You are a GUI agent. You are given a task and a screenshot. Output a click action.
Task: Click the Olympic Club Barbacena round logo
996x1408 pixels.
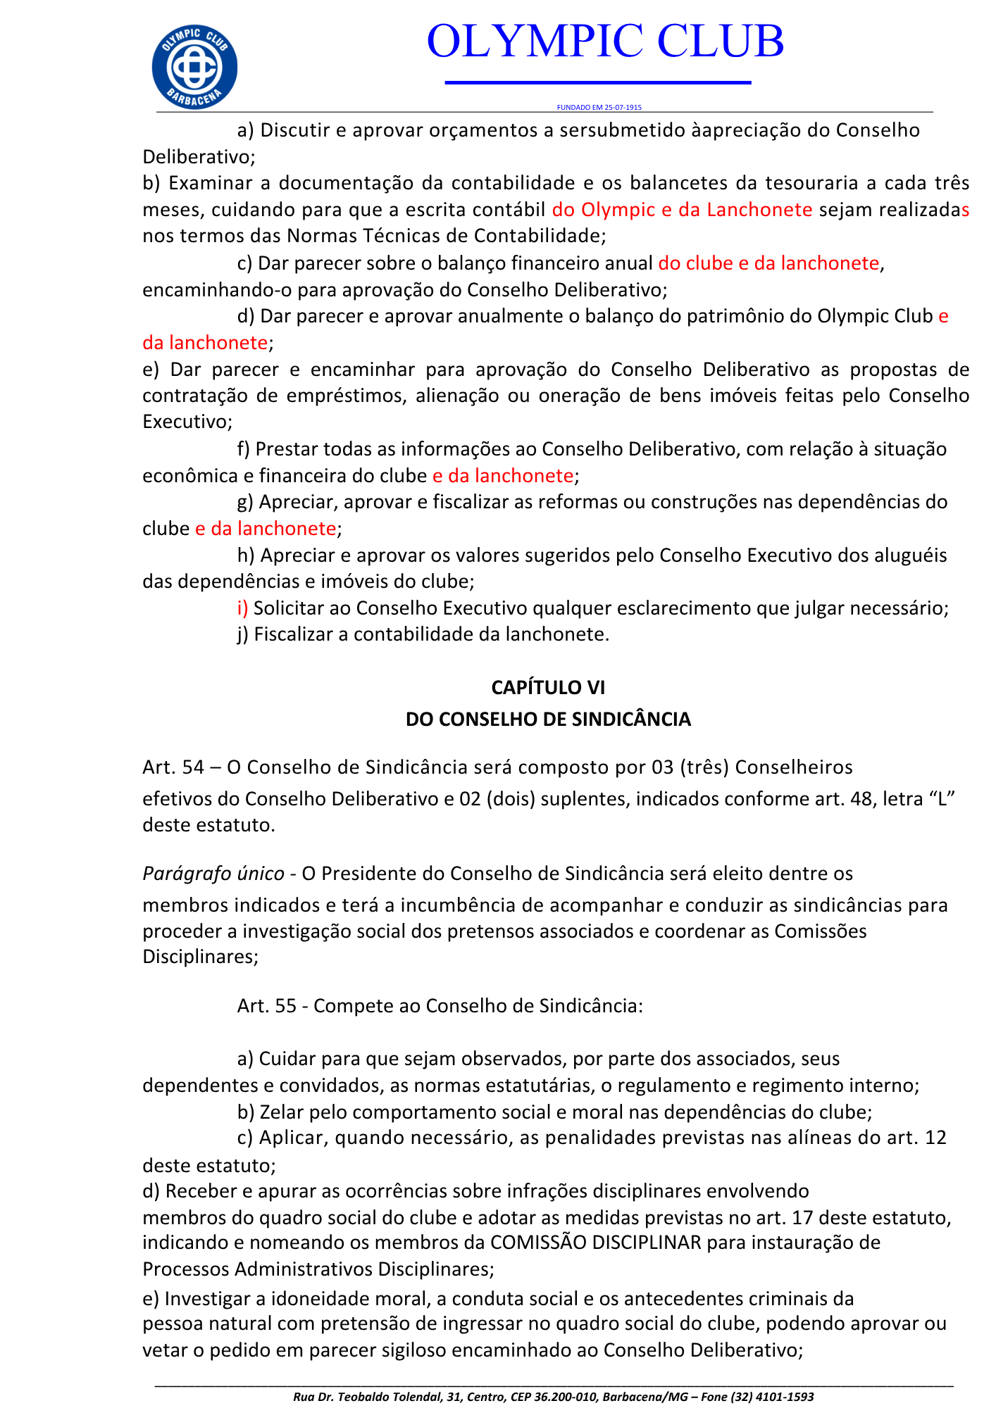tap(194, 68)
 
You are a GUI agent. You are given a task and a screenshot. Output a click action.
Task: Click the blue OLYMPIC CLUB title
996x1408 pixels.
tap(605, 41)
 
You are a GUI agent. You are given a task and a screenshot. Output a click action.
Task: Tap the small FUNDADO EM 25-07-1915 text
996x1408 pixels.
tap(599, 108)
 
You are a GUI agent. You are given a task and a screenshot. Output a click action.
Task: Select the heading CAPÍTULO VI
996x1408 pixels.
tap(548, 687)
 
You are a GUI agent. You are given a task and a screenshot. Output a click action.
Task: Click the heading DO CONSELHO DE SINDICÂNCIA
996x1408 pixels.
tap(548, 719)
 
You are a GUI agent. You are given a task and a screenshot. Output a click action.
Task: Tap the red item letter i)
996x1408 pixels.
tap(242, 608)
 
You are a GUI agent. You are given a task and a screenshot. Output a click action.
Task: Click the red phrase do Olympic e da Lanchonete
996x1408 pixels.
tap(682, 210)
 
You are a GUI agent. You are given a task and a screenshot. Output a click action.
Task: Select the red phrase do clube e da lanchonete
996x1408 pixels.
tap(768, 263)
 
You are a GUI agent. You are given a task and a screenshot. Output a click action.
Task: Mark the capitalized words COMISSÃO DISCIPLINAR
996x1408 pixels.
tap(596, 1243)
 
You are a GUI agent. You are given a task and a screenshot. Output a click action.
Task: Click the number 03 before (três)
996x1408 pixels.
tap(663, 767)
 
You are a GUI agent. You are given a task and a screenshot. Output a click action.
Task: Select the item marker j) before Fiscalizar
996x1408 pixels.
tap(243, 634)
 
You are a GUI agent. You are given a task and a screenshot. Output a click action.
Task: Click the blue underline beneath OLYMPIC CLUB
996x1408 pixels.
tap(598, 83)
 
